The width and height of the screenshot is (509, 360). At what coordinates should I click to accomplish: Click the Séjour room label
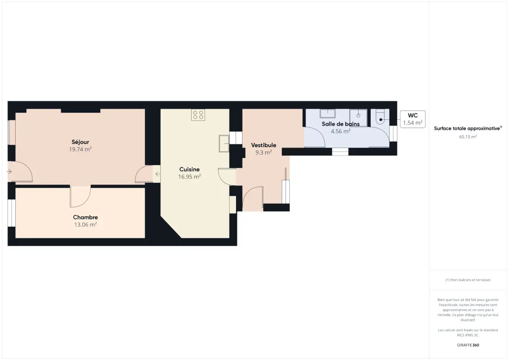(80, 142)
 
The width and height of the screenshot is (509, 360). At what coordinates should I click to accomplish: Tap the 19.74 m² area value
(80, 149)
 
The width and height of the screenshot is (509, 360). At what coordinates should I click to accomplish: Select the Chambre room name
(86, 217)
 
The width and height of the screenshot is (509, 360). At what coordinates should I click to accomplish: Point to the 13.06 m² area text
(86, 224)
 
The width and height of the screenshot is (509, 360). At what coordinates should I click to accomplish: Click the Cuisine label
(189, 169)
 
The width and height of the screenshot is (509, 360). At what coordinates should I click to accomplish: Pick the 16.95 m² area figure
(189, 177)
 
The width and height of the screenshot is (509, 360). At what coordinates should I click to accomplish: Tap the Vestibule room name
(264, 145)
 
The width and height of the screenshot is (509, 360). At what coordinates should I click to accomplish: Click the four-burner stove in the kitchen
(198, 115)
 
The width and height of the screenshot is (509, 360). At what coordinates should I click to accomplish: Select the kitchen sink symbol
(224, 143)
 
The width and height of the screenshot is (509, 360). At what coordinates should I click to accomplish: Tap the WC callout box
(413, 119)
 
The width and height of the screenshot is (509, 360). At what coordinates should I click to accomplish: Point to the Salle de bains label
(341, 124)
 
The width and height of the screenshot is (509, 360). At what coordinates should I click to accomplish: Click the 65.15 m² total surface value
(468, 137)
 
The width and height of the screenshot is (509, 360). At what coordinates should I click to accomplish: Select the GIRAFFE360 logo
(468, 345)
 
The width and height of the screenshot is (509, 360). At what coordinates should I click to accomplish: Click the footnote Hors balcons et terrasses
(468, 280)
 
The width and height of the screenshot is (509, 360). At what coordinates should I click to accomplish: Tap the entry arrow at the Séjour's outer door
(9, 171)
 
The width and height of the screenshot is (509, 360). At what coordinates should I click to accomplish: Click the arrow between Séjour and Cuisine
(157, 174)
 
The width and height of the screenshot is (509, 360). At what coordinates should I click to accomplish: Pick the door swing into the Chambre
(81, 197)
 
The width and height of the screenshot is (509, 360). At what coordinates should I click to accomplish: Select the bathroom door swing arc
(315, 137)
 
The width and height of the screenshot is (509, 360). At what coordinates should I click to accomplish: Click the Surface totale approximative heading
(468, 129)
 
